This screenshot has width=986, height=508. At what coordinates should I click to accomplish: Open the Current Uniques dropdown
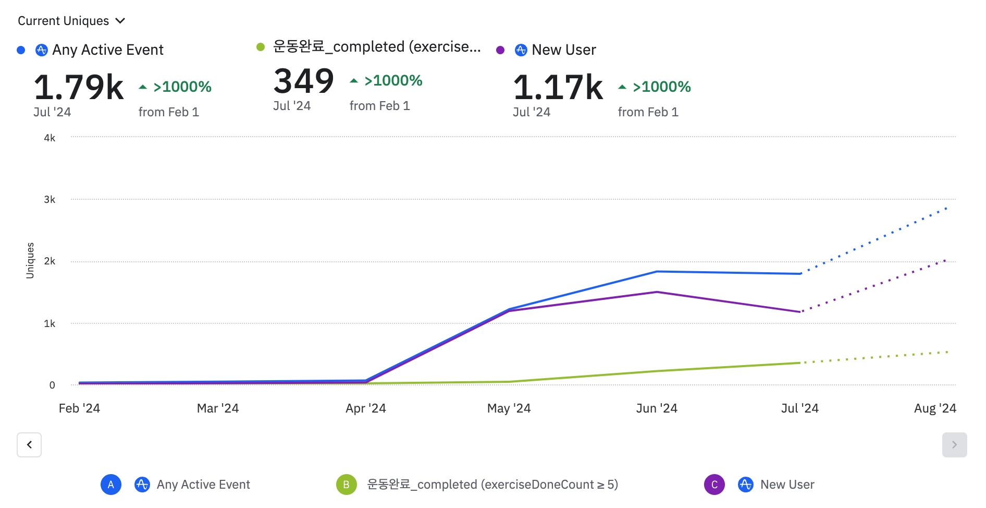[x=71, y=21]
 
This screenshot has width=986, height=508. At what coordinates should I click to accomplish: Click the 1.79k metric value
[x=79, y=87]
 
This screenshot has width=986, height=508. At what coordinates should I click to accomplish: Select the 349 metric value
[x=304, y=81]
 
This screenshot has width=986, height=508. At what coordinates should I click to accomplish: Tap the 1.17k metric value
[x=558, y=87]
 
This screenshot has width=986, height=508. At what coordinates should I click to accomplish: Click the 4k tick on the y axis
[x=50, y=138]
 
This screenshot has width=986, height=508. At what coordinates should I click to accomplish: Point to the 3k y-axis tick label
[x=50, y=200]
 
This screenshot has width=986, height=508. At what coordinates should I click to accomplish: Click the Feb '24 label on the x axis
[x=79, y=408]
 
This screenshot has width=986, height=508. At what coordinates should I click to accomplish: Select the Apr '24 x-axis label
[x=366, y=408]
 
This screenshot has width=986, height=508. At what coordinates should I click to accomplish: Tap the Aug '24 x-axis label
[x=935, y=408]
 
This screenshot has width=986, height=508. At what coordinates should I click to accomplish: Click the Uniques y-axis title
[x=30, y=260]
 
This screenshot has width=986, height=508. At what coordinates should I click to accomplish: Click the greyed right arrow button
[x=954, y=445]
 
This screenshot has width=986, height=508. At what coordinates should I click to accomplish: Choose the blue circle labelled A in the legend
[x=111, y=485]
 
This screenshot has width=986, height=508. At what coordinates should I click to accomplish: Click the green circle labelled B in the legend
[x=346, y=485]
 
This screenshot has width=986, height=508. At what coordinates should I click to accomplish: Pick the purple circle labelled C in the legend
[x=714, y=485]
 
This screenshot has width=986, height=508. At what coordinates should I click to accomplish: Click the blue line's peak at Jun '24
[x=657, y=271]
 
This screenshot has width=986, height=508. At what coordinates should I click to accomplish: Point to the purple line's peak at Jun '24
[x=657, y=292]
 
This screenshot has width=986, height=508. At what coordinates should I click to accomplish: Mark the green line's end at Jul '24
[x=800, y=363]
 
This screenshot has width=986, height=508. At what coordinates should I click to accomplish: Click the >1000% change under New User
[x=662, y=87]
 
